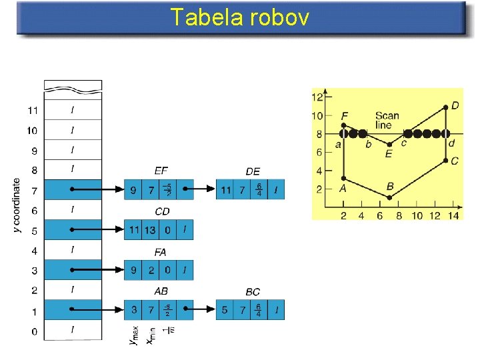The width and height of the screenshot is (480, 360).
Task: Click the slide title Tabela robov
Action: tap(239, 17)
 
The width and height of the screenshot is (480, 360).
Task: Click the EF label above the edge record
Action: tap(161, 171)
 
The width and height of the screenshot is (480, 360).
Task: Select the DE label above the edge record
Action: tap(253, 171)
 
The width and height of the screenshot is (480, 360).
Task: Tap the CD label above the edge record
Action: tap(162, 211)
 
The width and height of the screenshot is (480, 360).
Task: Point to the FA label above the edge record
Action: tap(160, 252)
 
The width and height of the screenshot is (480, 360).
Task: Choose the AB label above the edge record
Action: tap(161, 292)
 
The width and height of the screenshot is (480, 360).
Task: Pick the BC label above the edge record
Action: tap(253, 292)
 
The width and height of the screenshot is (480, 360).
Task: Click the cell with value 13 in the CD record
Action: tap(151, 230)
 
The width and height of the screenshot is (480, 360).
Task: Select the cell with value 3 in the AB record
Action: tap(133, 310)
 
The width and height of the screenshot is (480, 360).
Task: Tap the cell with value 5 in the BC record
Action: tap(225, 310)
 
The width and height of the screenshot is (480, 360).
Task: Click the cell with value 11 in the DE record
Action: tap(225, 190)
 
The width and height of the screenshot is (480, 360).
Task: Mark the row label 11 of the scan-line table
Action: tap(33, 110)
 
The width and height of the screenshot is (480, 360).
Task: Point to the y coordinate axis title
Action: tap(18, 206)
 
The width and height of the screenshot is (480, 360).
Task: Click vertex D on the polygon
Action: tap(446, 107)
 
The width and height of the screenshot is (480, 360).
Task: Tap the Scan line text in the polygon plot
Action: tap(387, 120)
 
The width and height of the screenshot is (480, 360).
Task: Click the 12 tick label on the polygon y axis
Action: tap(318, 97)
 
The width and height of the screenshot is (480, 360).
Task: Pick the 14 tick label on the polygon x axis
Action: tap(454, 215)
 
